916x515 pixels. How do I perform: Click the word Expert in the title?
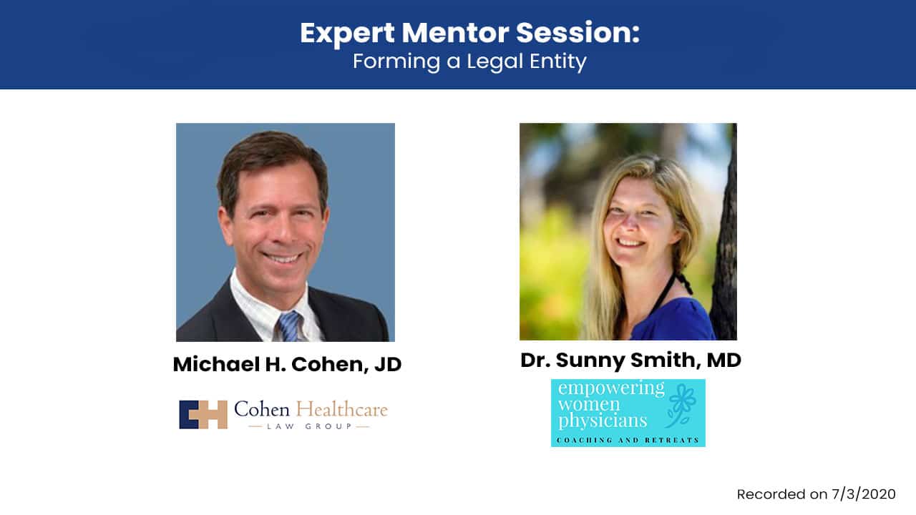pos(347,34)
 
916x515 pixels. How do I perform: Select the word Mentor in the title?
pos(455,33)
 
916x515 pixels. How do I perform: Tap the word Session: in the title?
pos(578,33)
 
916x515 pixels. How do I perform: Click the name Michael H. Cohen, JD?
pos(287,364)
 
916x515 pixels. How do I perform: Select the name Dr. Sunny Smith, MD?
pos(630,360)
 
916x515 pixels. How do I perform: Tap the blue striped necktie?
pos(290,326)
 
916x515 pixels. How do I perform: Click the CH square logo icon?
pos(203,414)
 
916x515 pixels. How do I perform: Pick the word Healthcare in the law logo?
pos(342,410)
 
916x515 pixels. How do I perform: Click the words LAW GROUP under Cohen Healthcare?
pos(309,427)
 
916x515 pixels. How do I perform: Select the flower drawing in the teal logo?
pos(681,406)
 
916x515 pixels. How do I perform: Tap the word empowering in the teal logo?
pos(611,388)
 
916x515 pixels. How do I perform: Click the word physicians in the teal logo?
pos(603,421)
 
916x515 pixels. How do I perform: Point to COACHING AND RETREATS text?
pos(628,440)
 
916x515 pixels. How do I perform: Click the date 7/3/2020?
pos(864,494)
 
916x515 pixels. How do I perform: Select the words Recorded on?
pos(782,494)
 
